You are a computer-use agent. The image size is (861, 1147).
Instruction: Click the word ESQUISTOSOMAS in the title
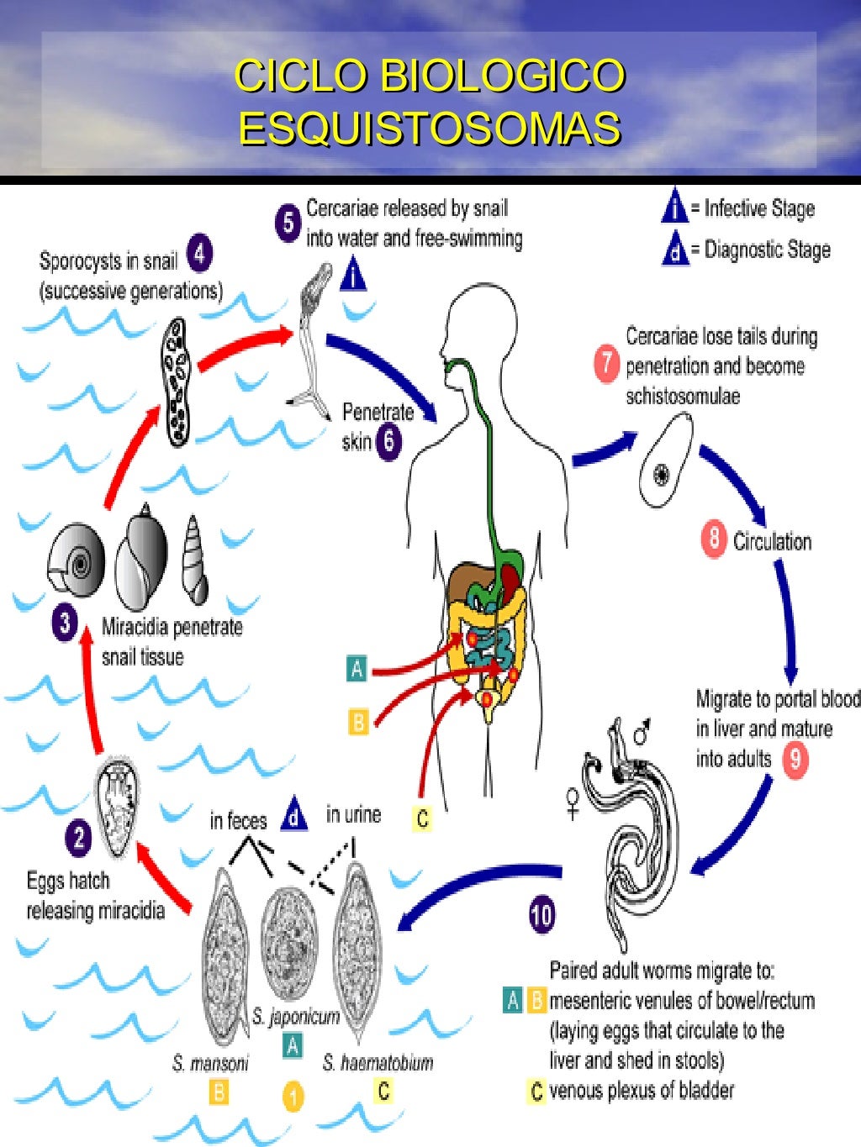pos(430,129)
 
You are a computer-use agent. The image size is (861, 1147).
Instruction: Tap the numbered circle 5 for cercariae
pos(288,223)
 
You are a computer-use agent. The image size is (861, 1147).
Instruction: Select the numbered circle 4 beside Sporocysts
pos(199,254)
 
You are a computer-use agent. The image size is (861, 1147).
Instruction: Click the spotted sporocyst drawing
pos(177,382)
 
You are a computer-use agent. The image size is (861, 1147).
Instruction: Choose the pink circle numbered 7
pos(606,365)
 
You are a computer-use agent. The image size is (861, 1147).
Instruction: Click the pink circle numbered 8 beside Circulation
pos(713,539)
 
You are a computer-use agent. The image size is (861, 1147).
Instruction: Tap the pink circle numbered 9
pos(795,760)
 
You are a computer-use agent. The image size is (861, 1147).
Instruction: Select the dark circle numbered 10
pos(541,915)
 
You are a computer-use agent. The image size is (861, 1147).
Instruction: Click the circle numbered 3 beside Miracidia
pos(65,623)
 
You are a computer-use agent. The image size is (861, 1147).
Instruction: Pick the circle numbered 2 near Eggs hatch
pos(78,838)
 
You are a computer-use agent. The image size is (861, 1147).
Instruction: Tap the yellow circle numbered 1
pos(293,1097)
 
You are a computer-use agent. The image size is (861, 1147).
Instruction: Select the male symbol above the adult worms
pos(643,734)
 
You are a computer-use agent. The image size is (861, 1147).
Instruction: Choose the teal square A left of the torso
pos(357,669)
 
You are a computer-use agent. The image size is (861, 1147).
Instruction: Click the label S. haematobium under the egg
pos(378,1063)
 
